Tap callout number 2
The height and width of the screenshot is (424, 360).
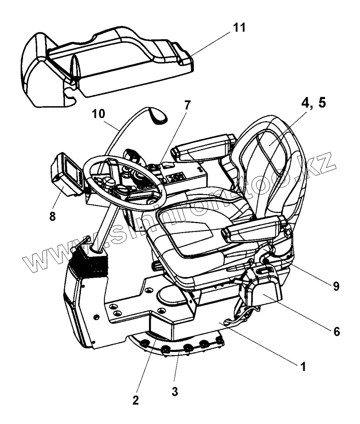tap(135, 400)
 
